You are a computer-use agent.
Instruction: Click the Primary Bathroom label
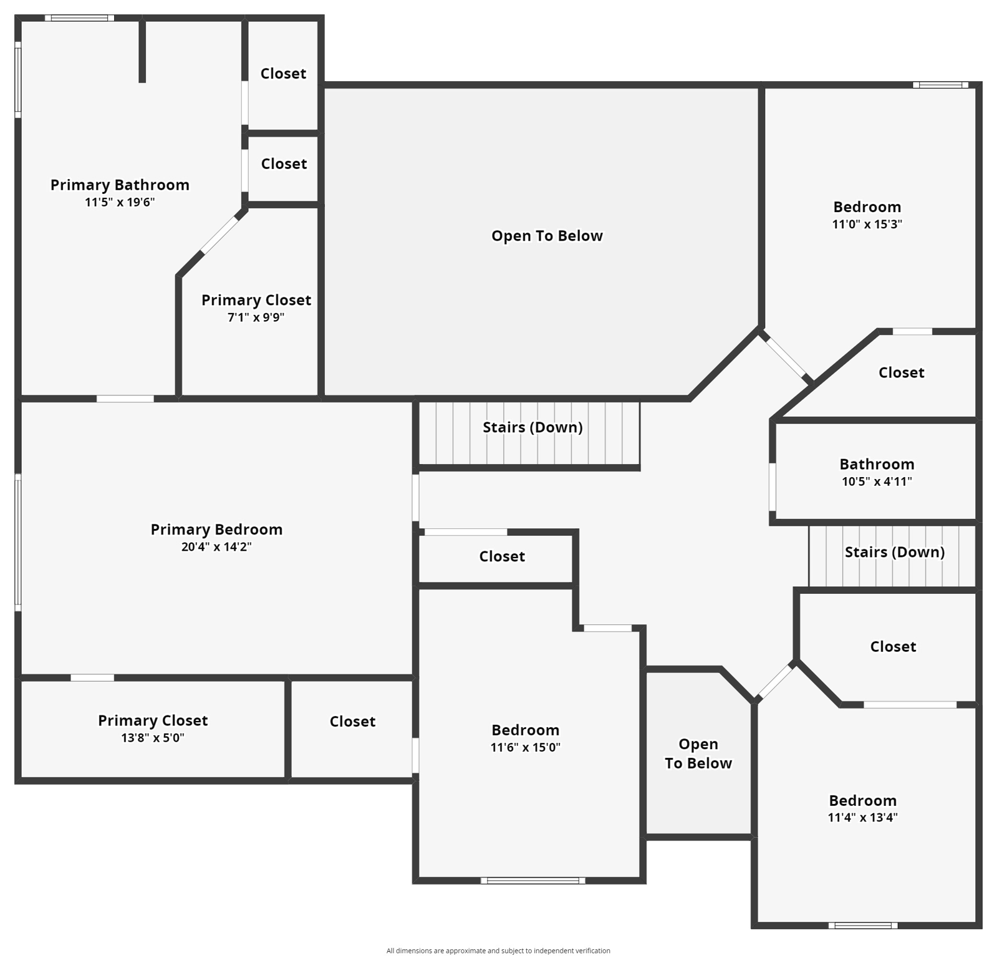click(x=120, y=185)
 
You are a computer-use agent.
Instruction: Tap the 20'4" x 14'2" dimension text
click(x=216, y=547)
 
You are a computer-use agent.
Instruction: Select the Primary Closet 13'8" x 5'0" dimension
click(x=153, y=738)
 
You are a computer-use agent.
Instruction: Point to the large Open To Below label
click(x=547, y=236)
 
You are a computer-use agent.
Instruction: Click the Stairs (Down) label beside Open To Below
click(x=532, y=427)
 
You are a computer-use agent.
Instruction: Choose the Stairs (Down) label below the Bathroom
click(x=894, y=552)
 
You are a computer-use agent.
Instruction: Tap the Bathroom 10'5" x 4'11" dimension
click(x=877, y=481)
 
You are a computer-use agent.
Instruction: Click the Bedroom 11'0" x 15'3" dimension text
click(x=867, y=225)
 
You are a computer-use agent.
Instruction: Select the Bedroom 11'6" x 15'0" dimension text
click(x=525, y=747)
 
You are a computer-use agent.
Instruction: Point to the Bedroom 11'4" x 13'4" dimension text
click(x=862, y=818)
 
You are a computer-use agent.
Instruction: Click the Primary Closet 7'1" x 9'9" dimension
click(x=256, y=317)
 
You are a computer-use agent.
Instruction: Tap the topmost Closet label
click(x=283, y=74)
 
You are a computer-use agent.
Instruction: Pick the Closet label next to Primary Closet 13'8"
click(x=352, y=722)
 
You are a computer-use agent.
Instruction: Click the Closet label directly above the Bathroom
click(x=901, y=372)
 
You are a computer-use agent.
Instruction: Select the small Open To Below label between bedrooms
click(x=698, y=753)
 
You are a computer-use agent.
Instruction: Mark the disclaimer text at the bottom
click(x=498, y=951)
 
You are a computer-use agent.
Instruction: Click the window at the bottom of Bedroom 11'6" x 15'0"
click(x=532, y=881)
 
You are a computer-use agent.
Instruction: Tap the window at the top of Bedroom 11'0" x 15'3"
click(x=940, y=85)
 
